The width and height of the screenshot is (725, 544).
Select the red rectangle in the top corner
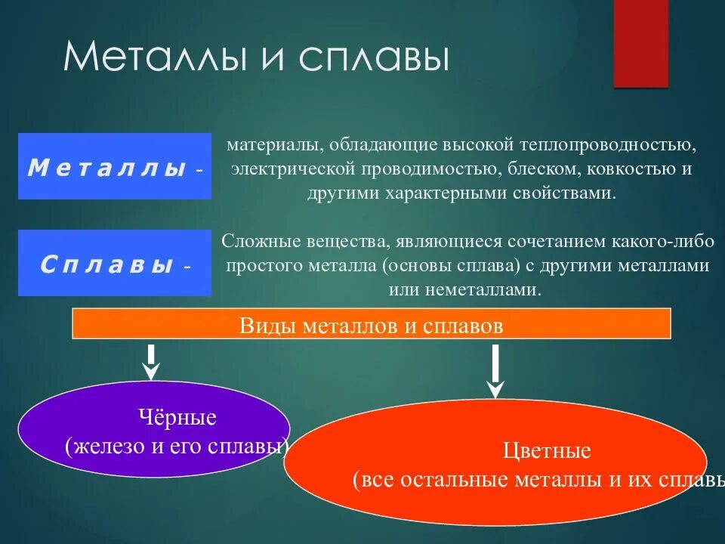(x=640, y=43)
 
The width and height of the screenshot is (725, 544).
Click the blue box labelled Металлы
(x=115, y=166)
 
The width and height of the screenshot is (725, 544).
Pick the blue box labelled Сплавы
(x=115, y=263)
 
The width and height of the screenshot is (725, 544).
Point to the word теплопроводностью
(x=620, y=144)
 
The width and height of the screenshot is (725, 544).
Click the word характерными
(x=440, y=193)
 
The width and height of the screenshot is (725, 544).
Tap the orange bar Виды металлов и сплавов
(x=371, y=324)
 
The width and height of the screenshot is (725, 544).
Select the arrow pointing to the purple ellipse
(x=152, y=361)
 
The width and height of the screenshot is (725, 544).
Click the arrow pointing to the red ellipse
(x=495, y=370)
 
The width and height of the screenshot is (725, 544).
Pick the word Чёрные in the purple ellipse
(x=177, y=417)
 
